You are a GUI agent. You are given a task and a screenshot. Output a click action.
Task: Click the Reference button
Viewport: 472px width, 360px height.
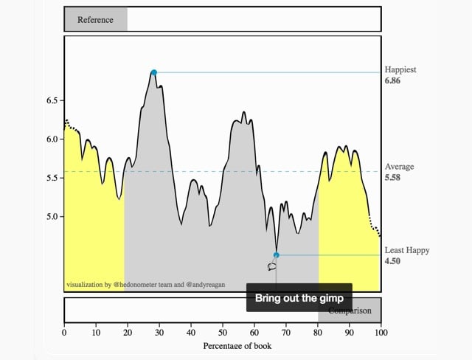[x=95, y=20]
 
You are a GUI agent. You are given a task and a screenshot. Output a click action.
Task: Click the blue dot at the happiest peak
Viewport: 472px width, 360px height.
[x=153, y=72]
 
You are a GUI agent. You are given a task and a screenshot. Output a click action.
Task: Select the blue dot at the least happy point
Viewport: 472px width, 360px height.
[x=276, y=255]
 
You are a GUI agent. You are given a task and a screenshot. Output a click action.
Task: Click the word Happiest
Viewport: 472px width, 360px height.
[x=400, y=70]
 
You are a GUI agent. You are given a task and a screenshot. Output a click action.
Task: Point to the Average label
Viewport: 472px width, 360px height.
[x=399, y=167]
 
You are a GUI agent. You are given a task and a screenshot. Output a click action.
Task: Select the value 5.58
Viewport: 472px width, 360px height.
[x=392, y=178]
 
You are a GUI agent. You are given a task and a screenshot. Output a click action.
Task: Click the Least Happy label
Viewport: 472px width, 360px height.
[x=406, y=251]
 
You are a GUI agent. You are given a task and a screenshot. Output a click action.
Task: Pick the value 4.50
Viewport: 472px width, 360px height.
[x=392, y=261]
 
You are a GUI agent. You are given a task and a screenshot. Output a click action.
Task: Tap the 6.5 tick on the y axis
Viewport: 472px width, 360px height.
[x=52, y=100]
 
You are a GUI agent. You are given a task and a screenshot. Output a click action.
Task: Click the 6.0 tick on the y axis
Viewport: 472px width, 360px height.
[x=52, y=139]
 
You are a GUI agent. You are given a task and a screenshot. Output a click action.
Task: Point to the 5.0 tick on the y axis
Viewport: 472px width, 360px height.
[x=52, y=217]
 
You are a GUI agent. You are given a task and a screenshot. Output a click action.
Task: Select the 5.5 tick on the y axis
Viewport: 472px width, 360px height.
[x=52, y=178]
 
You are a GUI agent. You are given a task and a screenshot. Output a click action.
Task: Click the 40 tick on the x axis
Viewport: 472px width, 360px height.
[x=191, y=333]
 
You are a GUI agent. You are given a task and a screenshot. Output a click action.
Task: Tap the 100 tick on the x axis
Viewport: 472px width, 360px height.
[x=381, y=333]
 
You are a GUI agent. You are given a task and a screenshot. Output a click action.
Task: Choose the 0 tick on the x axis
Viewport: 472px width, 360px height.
[x=64, y=333]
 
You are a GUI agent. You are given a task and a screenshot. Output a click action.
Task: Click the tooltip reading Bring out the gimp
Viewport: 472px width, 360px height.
[x=299, y=299]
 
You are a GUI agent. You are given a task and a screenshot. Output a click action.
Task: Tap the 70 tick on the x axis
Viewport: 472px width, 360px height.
[x=286, y=333]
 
